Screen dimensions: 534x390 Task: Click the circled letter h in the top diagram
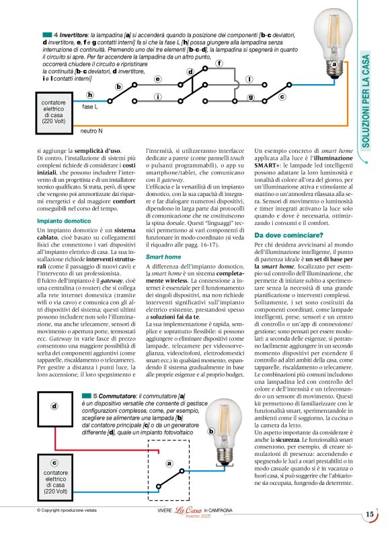90,95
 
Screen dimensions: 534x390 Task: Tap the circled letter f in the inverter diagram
219,63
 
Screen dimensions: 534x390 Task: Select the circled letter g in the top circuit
251,98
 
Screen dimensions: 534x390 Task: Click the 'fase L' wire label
90,107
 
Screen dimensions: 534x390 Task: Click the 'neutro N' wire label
91,131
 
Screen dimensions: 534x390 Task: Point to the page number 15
369,515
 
